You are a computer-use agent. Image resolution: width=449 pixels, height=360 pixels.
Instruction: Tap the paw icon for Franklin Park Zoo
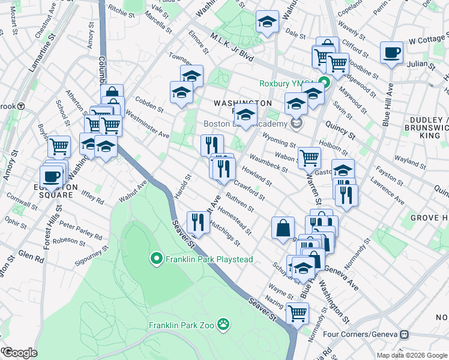click(x=223, y=325)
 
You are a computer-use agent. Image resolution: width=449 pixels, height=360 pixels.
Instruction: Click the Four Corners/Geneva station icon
click(x=405, y=334)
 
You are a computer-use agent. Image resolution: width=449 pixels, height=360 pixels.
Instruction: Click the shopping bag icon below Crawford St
click(x=283, y=228)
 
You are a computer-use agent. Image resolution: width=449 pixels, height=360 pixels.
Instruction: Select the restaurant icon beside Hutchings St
click(x=198, y=222)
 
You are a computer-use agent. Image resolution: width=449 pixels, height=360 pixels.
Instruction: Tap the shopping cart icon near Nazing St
click(x=298, y=313)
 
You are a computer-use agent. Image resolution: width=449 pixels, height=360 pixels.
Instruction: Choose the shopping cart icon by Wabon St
click(x=309, y=157)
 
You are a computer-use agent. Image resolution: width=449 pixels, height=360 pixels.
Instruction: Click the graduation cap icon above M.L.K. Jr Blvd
click(x=267, y=22)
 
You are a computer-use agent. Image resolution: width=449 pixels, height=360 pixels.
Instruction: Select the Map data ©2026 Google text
click(x=412, y=355)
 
